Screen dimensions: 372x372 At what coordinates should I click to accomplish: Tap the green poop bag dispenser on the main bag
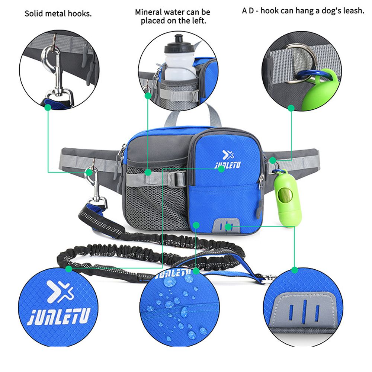(288, 198)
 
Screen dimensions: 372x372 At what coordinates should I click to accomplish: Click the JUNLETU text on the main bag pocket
(228, 165)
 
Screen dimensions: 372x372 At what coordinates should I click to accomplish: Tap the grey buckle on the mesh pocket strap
(177, 179)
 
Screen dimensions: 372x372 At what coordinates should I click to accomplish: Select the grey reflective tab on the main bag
(225, 226)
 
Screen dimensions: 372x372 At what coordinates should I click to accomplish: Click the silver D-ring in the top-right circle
(301, 64)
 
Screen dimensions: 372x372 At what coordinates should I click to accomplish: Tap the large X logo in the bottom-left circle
(59, 291)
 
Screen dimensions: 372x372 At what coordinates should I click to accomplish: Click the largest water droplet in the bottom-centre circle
(170, 282)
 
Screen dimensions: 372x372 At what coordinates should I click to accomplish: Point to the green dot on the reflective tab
(228, 227)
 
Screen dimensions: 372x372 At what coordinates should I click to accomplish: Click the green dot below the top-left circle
(48, 107)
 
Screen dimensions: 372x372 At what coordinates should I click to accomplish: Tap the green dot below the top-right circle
(291, 108)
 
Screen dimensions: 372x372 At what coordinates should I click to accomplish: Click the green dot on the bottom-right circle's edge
(294, 270)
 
